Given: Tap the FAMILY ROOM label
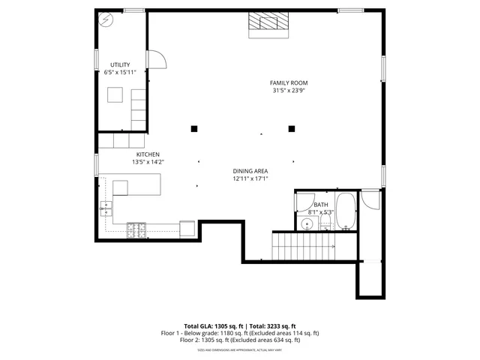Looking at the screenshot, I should pyautogui.click(x=289, y=82).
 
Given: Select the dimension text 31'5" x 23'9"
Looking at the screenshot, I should pyautogui.click(x=289, y=91).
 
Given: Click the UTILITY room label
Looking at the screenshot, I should pyautogui.click(x=120, y=64).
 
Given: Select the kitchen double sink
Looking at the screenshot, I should pyautogui.click(x=106, y=208).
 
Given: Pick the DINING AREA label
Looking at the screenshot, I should pyautogui.click(x=250, y=171).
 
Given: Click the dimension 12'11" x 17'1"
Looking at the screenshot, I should pyautogui.click(x=250, y=178).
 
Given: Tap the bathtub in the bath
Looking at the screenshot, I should pyautogui.click(x=346, y=211).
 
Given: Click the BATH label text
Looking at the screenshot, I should pyautogui.click(x=321, y=205).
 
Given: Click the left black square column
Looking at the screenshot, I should pyautogui.click(x=193, y=128).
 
